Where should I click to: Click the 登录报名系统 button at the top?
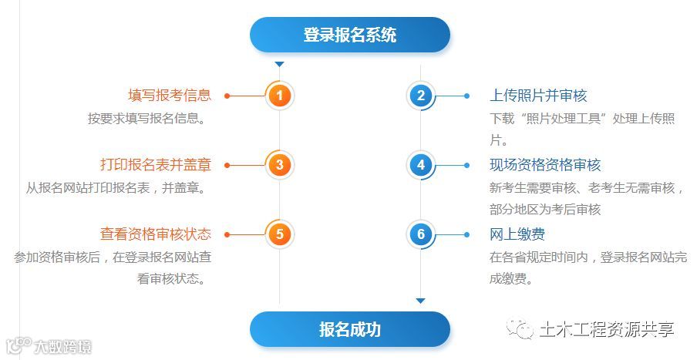pyautogui.click(x=349, y=35)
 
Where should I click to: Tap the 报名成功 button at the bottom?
pyautogui.click(x=349, y=329)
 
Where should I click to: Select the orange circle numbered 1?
pyautogui.click(x=280, y=96)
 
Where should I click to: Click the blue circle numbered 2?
pyautogui.click(x=420, y=96)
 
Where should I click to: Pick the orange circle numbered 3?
pyautogui.click(x=280, y=165)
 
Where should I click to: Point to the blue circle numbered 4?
pyautogui.click(x=420, y=165)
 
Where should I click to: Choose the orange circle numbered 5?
pyautogui.click(x=280, y=234)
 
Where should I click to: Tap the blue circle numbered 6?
pyautogui.click(x=420, y=234)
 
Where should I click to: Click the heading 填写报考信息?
pyautogui.click(x=170, y=96)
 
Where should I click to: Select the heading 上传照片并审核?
pyautogui.click(x=538, y=96)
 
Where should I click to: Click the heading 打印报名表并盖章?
pyautogui.click(x=156, y=165)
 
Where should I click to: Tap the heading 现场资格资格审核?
pyautogui.click(x=545, y=165)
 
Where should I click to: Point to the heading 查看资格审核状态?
pyautogui.click(x=156, y=234)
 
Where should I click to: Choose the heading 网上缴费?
pyautogui.click(x=517, y=234)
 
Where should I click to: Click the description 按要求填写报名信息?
pyautogui.click(x=146, y=119)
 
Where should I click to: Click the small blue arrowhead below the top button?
pyautogui.click(x=280, y=64)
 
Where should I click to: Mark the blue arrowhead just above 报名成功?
pyautogui.click(x=420, y=301)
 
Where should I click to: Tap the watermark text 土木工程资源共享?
pyautogui.click(x=606, y=329)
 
